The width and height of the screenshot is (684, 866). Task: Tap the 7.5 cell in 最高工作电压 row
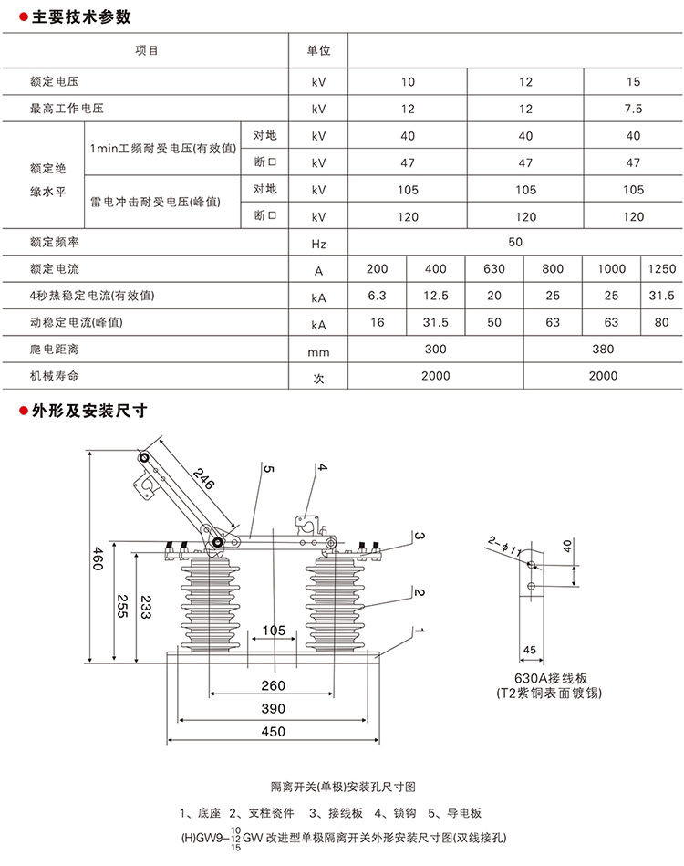click(x=633, y=109)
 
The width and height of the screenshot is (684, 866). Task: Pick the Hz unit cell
click(x=318, y=243)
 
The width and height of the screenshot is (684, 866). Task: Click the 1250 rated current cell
click(x=661, y=269)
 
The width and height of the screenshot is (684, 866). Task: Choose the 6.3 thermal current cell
click(x=378, y=296)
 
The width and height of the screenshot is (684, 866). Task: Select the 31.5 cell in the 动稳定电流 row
click(x=437, y=323)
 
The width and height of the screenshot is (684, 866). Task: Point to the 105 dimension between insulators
click(x=274, y=631)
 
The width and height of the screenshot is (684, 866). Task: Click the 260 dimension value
click(x=273, y=685)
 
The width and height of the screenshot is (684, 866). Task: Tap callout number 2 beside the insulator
click(x=420, y=592)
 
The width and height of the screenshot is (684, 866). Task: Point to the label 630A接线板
click(x=545, y=678)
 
